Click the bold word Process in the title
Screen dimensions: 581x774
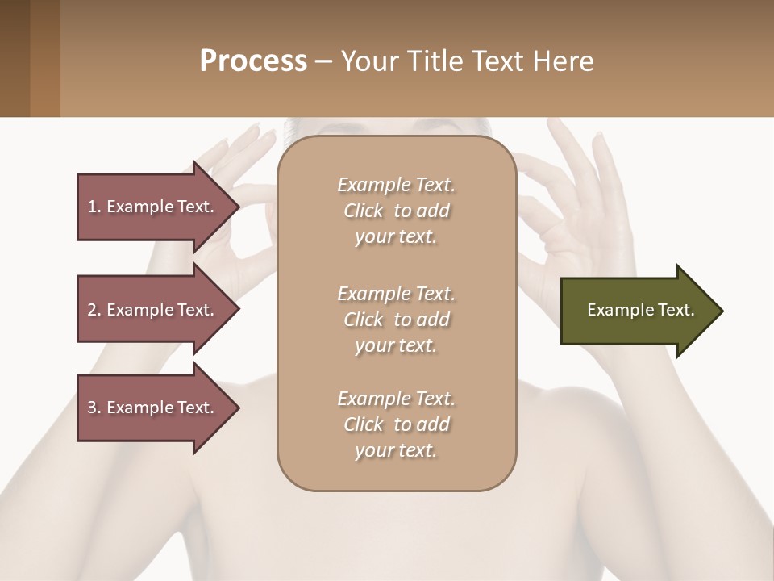pos(253,61)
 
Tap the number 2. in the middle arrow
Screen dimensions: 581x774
pos(94,310)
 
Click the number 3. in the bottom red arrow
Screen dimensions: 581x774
pos(94,408)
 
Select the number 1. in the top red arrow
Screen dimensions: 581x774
pos(94,207)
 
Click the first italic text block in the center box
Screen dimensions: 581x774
pos(396,211)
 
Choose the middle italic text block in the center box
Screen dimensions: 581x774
pos(396,320)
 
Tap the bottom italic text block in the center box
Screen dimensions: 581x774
pos(396,424)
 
